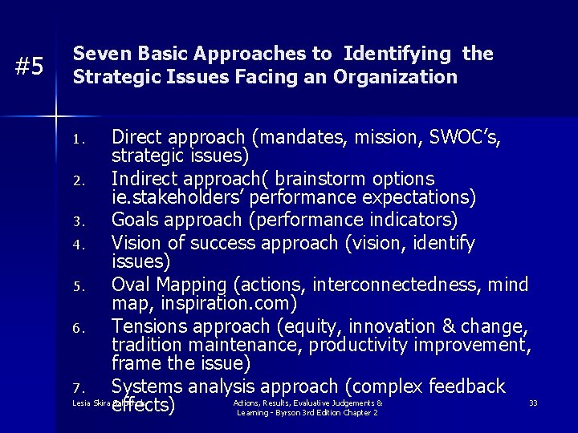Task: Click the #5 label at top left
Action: [30, 67]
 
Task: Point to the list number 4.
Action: [77, 243]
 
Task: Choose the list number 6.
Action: [77, 327]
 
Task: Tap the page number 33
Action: [533, 403]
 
